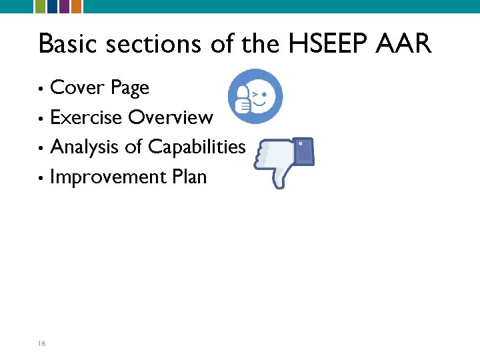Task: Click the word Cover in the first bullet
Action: coord(77,87)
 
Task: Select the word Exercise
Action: coord(86,117)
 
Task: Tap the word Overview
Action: coord(171,117)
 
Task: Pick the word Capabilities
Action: coord(197,147)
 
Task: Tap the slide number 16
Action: coord(41,343)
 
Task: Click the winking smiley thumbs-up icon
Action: coord(255,97)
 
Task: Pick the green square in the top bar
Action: coord(40,7)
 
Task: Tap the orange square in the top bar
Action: coord(77,7)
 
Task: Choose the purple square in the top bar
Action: coord(64,7)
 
